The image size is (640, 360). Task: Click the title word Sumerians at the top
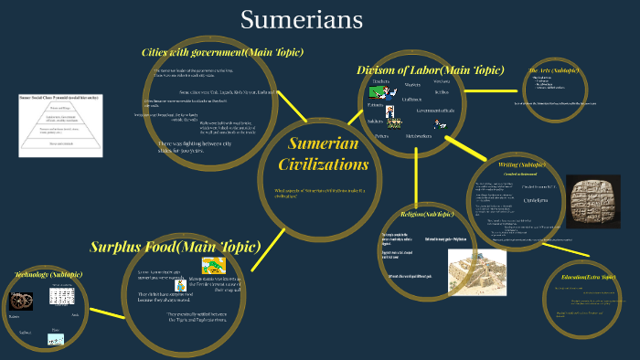click(x=302, y=19)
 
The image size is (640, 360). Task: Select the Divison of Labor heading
click(x=430, y=69)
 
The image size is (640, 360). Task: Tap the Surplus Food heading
click(x=175, y=247)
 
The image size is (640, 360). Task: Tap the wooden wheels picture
click(x=20, y=300)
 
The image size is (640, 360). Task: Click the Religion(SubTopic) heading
click(x=427, y=215)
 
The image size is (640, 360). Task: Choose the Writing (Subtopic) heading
click(x=523, y=164)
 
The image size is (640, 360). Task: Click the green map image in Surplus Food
click(x=214, y=267)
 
